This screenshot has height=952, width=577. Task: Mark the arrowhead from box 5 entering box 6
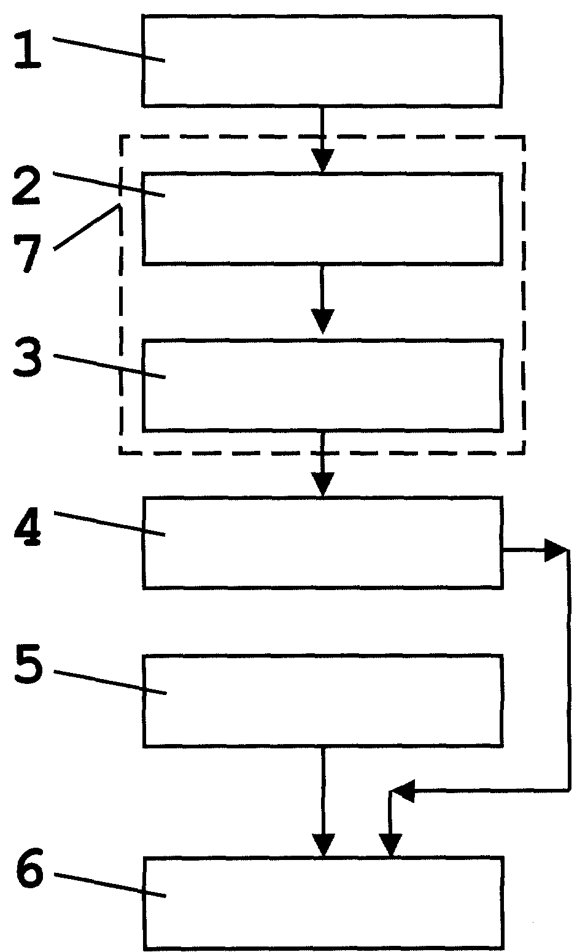(x=323, y=845)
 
